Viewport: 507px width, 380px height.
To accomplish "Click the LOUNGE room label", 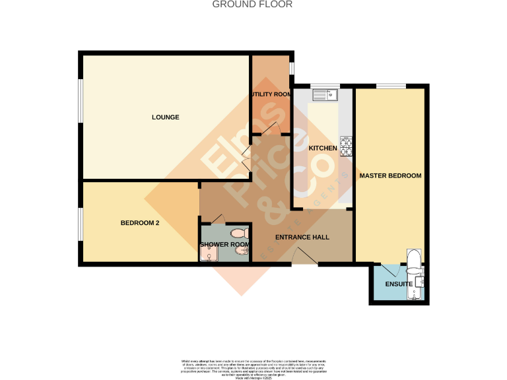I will click(166, 117).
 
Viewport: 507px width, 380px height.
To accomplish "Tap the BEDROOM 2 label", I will click(140, 223).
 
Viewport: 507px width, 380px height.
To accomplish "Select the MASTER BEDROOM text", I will click(390, 176).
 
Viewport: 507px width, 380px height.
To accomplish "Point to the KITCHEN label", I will click(323, 148).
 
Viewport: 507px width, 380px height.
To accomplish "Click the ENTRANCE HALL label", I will click(302, 237).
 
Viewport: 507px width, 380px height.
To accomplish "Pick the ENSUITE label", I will click(399, 284).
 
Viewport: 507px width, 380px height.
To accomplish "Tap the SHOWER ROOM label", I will click(224, 245).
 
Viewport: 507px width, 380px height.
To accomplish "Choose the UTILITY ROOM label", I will click(271, 94).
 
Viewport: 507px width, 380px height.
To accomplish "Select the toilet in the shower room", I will click(238, 233).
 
